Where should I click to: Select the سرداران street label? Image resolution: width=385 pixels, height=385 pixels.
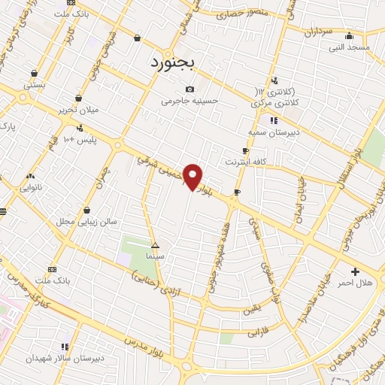pyautogui.click(x=319, y=32)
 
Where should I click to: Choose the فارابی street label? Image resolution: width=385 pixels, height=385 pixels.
pyautogui.click(x=258, y=329)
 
